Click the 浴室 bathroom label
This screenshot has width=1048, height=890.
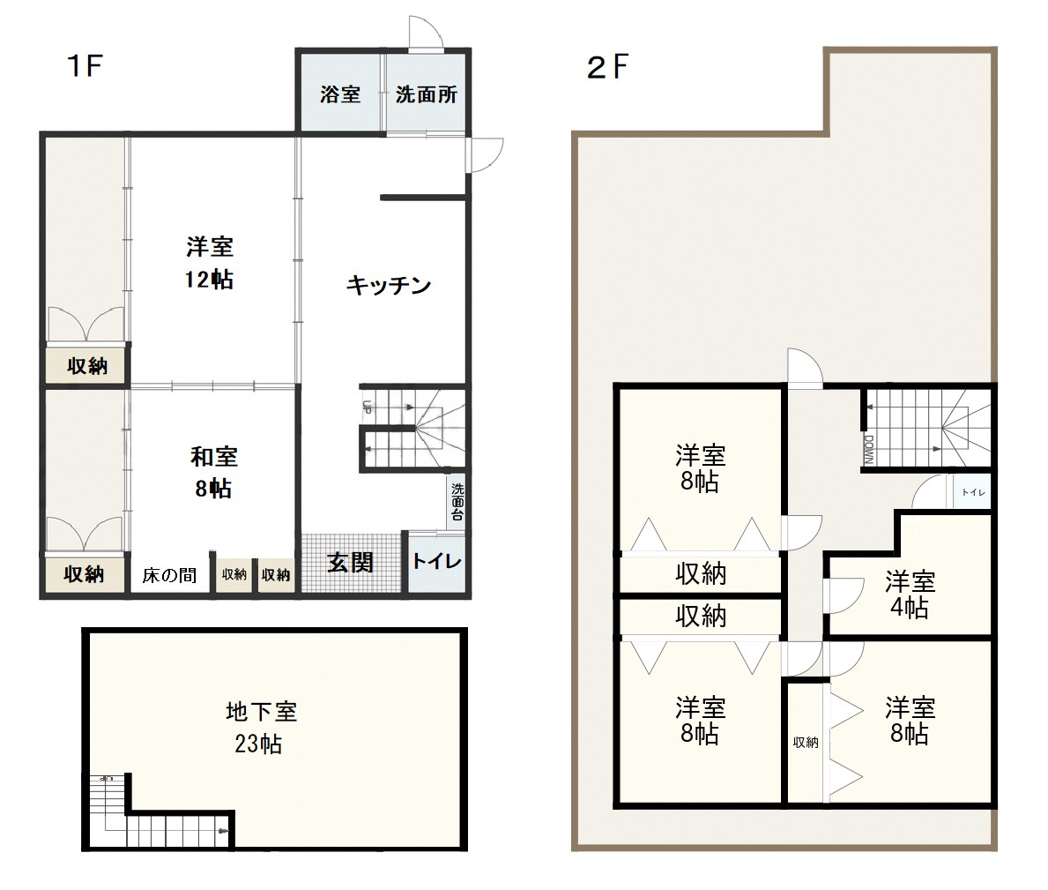coord(340,94)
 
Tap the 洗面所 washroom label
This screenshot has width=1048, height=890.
coord(427,94)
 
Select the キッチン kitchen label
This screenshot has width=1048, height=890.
coord(389,286)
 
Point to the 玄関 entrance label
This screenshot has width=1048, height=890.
coord(350,563)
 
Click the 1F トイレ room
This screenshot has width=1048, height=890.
coord(436,562)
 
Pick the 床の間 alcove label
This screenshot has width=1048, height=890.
coord(170,575)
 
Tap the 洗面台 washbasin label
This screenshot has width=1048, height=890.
coord(457,502)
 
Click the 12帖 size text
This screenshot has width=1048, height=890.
coord(209,279)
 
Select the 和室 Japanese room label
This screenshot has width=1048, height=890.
coord(214,458)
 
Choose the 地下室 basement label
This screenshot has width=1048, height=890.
coord(261,712)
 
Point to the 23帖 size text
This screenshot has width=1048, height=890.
coord(258,744)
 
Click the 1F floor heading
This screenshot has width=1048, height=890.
coord(85,66)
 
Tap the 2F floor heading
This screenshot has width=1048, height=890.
coord(607,67)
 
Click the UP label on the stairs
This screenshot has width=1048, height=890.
coord(367,407)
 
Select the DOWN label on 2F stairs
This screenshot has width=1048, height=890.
coord(869,449)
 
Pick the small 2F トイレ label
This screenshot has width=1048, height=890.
coord(973,492)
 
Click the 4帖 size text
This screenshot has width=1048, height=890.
coord(910,609)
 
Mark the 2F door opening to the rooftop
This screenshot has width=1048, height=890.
coord(805,367)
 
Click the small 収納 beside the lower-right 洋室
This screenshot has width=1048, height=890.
coord(806,742)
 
